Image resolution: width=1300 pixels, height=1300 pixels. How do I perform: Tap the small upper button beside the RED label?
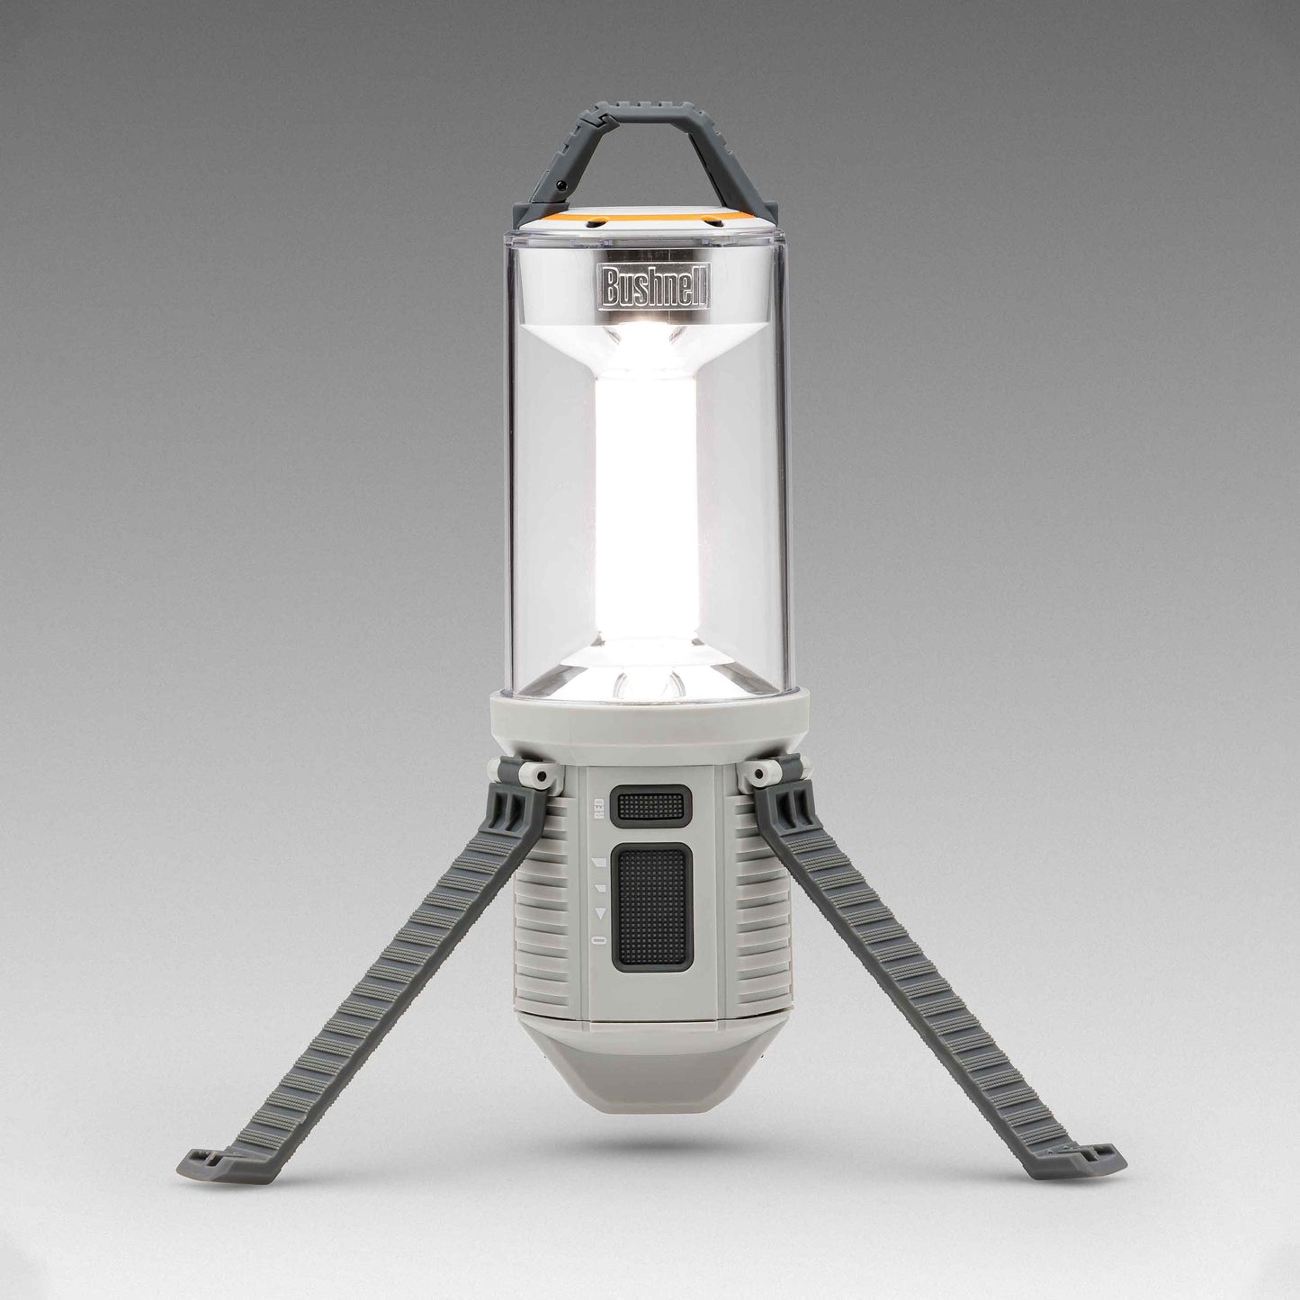[650, 805]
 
